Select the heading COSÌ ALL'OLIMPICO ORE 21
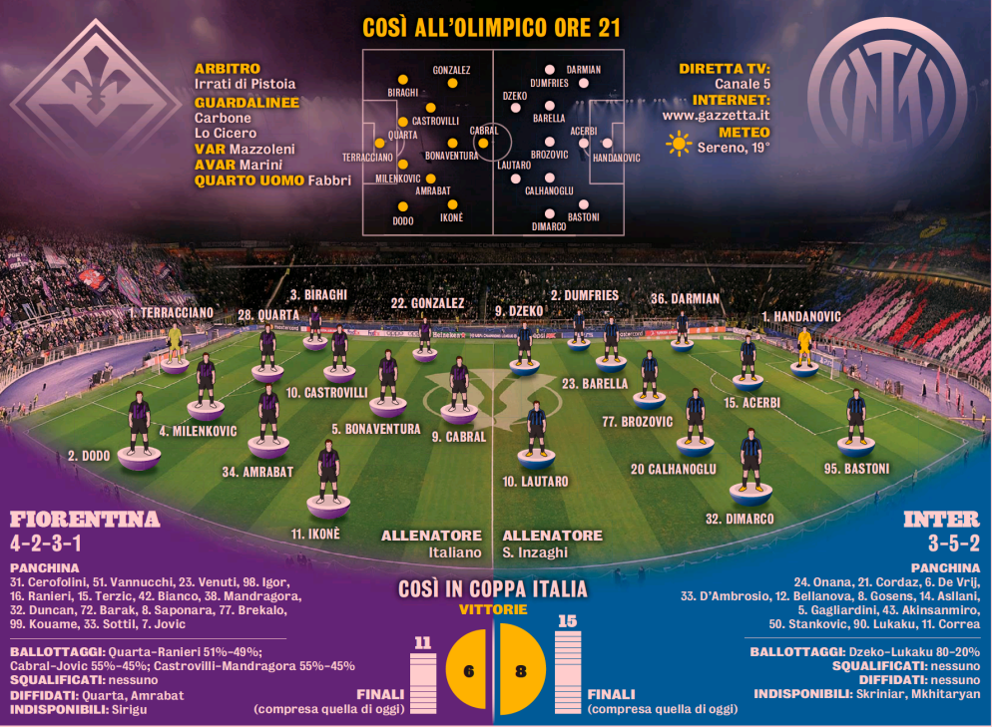pos(492,28)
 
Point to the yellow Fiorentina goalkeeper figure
pos(175,343)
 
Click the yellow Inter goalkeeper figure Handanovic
pos(804,347)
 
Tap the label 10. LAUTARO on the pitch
pos(535,482)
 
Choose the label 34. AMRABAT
pos(257,472)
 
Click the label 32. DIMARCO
pos(740,519)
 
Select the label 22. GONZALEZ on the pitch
pos(428,303)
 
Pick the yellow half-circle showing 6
pos(467,670)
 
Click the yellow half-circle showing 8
pos(521,669)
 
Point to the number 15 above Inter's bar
pos(568,621)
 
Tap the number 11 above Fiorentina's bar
pos(422,643)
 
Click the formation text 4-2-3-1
pos(46,544)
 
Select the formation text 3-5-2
pos(954,544)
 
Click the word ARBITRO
pos(228,68)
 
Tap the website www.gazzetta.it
pos(717,115)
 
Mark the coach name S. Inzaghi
pos(535,552)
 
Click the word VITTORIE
pos(493,609)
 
